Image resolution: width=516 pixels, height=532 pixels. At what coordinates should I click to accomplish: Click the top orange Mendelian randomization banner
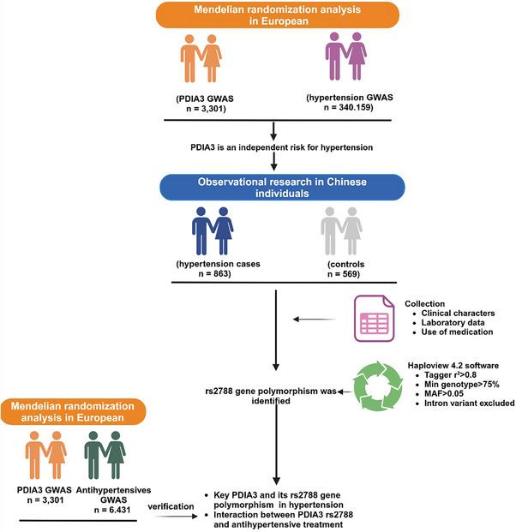[272, 15]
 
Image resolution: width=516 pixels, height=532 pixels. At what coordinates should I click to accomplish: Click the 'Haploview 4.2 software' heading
[452, 363]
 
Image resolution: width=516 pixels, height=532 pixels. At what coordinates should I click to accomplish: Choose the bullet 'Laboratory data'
[451, 321]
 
